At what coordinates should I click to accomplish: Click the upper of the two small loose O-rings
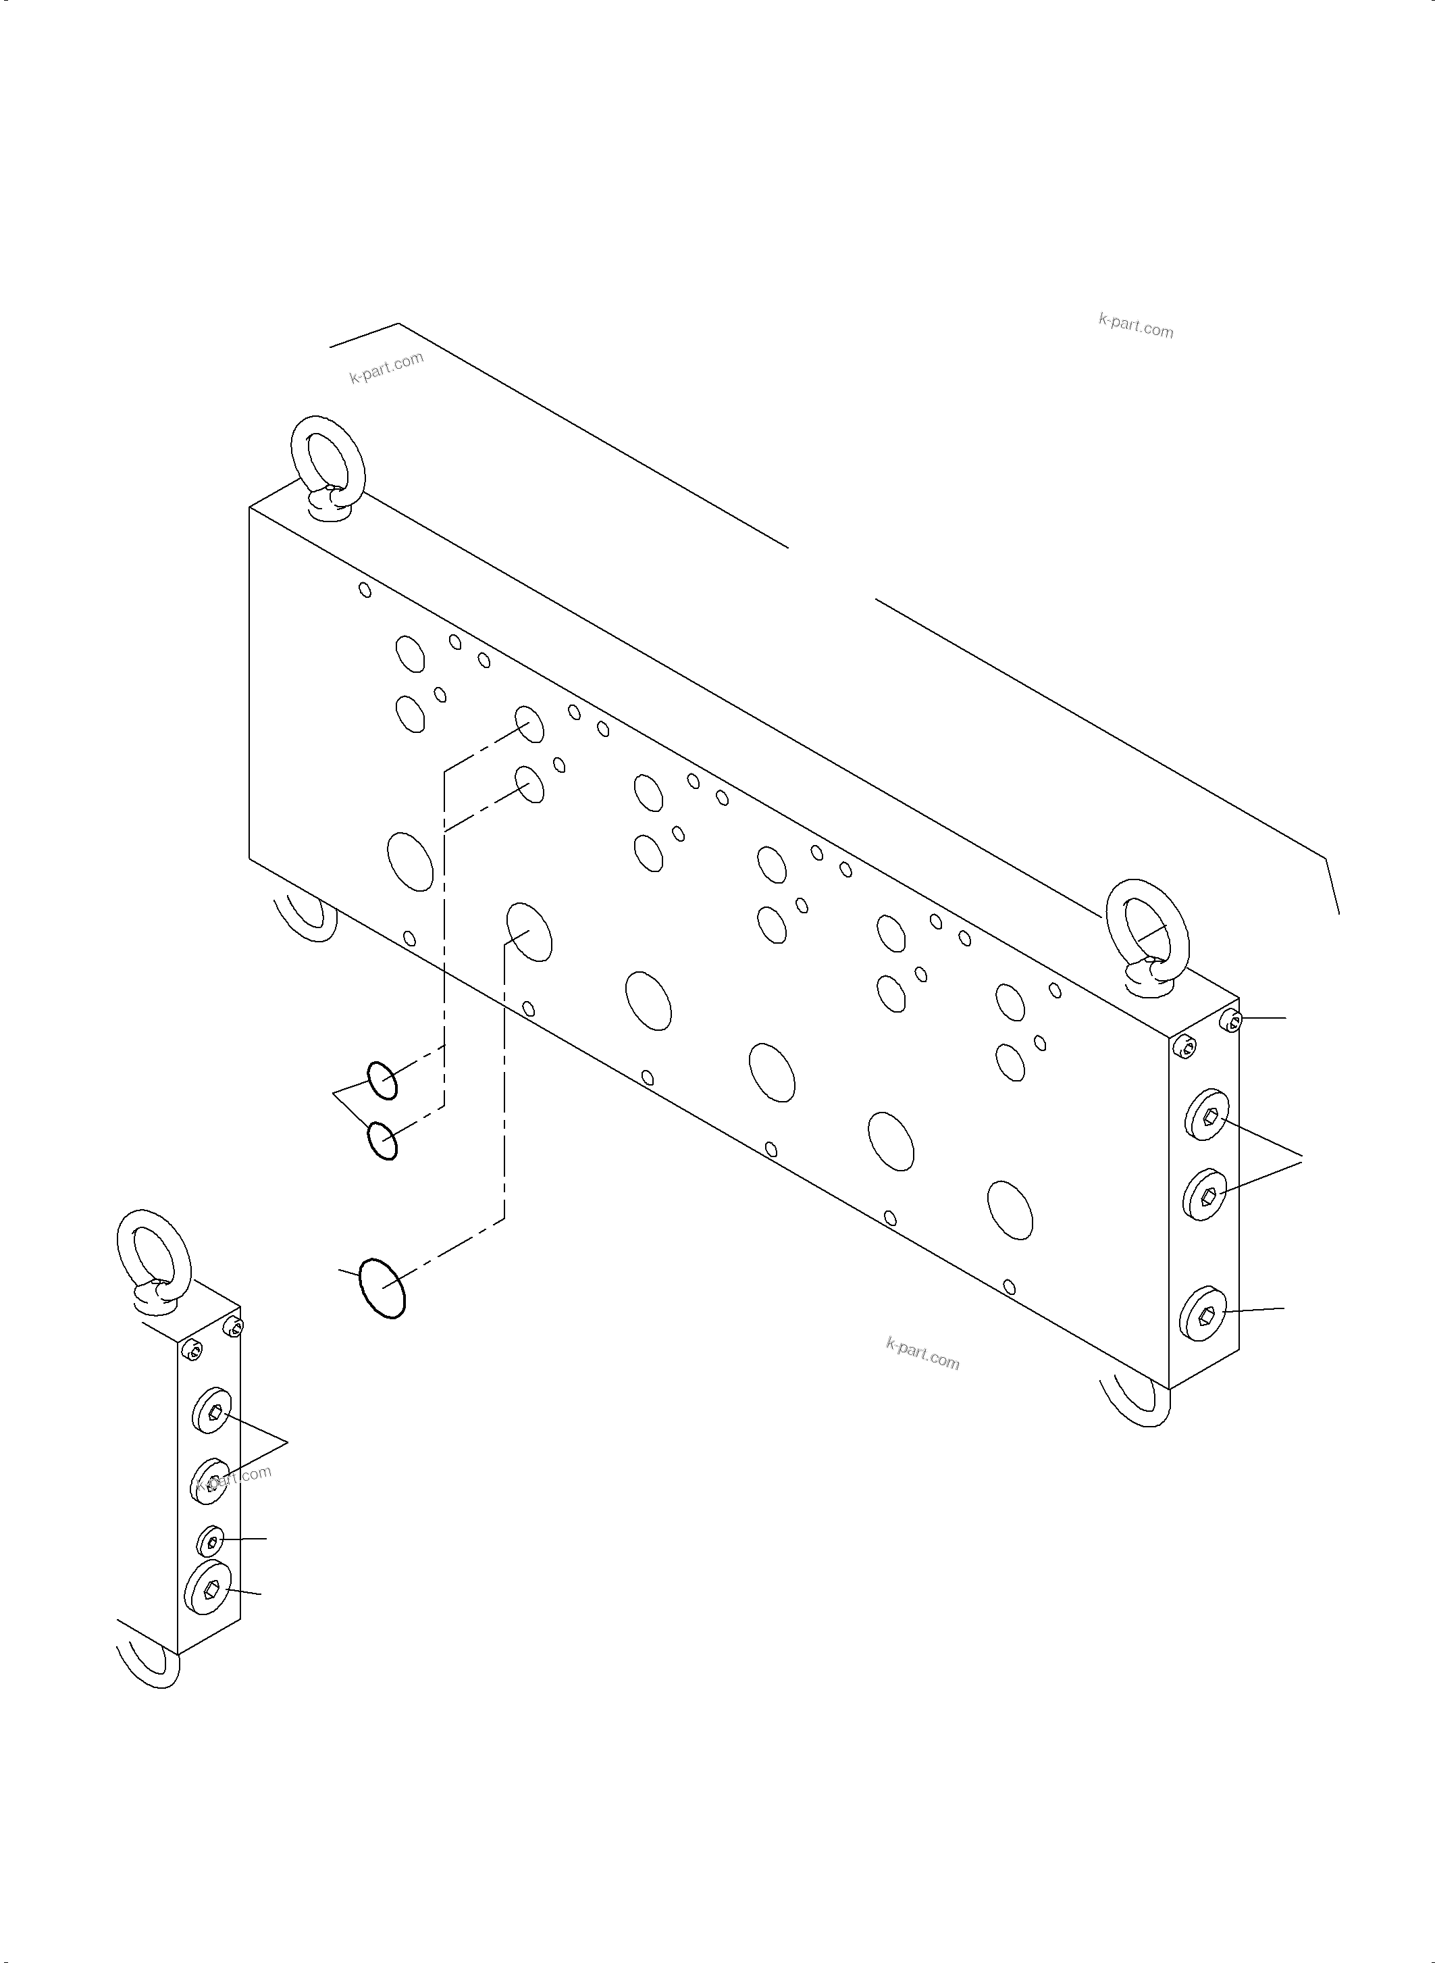(382, 1081)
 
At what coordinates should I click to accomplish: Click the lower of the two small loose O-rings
(382, 1141)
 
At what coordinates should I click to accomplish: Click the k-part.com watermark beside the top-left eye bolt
(386, 367)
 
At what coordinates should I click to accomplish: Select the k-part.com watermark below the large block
(922, 1354)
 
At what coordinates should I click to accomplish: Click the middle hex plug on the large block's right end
(1205, 1195)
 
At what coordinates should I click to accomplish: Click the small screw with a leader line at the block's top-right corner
(1232, 1021)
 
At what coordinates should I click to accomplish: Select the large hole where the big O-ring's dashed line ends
(529, 932)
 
